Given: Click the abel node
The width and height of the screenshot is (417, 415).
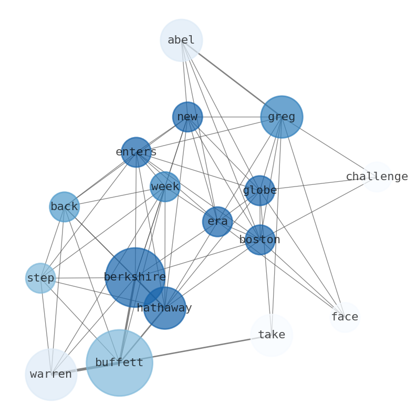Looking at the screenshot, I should pyautogui.click(x=181, y=40).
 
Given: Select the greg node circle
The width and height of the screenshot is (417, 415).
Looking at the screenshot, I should pyautogui.click(x=282, y=117).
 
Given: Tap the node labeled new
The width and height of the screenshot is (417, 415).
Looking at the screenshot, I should pyautogui.click(x=187, y=117).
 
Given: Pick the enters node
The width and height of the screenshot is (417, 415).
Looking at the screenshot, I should pyautogui.click(x=136, y=152).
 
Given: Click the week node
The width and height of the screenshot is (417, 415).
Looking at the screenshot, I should pyautogui.click(x=165, y=186).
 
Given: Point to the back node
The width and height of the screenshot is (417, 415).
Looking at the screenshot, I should pyautogui.click(x=64, y=207).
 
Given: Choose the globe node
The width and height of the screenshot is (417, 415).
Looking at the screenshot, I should pyautogui.click(x=259, y=190).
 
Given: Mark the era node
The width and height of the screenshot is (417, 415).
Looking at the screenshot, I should pyautogui.click(x=217, y=222).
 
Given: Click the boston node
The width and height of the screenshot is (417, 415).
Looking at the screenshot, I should pyautogui.click(x=260, y=240).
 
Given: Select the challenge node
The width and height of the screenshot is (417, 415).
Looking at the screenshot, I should pyautogui.click(x=377, y=177).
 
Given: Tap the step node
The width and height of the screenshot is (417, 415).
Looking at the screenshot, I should pyautogui.click(x=40, y=278).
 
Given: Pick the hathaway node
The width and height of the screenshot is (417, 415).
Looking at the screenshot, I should pyautogui.click(x=164, y=308).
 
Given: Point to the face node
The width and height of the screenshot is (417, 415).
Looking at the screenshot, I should pyautogui.click(x=345, y=317).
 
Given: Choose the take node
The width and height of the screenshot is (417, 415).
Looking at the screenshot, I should pyautogui.click(x=272, y=335).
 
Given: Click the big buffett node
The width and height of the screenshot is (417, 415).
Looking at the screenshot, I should pyautogui.click(x=119, y=362).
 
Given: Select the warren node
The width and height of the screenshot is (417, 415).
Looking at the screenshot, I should pyautogui.click(x=51, y=375).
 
